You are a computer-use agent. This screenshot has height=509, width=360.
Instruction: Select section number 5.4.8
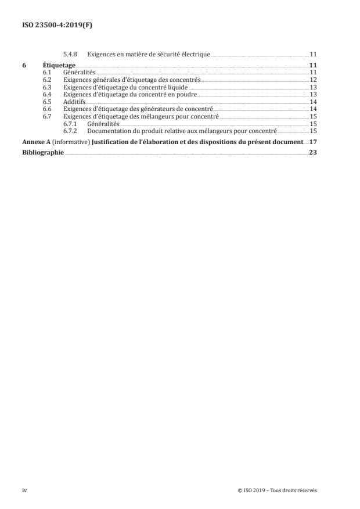pyautogui.click(x=69, y=54)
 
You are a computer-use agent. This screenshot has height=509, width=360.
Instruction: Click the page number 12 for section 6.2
pyautogui.click(x=312, y=79)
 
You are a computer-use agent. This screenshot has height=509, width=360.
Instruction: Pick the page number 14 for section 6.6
pyautogui.click(x=312, y=109)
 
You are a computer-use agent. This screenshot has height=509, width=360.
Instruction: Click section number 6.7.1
pyautogui.click(x=70, y=123)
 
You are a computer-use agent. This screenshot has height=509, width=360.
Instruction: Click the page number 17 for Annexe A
pyautogui.click(x=312, y=142)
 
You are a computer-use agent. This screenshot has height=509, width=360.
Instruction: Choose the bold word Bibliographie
pyautogui.click(x=43, y=153)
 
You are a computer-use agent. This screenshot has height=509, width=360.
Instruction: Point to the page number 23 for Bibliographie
pyautogui.click(x=312, y=153)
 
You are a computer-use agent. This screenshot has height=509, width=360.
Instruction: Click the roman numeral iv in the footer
pyautogui.click(x=24, y=490)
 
